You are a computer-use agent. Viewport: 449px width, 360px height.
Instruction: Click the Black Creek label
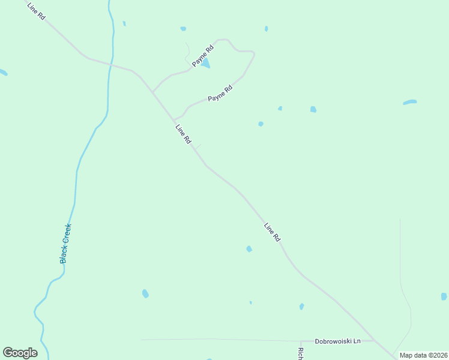coord(65,243)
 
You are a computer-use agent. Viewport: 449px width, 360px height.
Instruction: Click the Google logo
coord(20,353)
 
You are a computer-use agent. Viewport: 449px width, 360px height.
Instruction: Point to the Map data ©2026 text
coord(423,355)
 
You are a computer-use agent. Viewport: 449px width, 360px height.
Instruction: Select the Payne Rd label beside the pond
coord(203,55)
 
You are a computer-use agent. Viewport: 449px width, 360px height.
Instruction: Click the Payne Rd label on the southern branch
coord(220,94)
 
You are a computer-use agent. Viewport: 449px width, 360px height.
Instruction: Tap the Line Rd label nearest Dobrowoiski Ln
coord(273,232)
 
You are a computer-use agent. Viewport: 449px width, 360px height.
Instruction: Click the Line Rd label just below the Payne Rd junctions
coord(183,134)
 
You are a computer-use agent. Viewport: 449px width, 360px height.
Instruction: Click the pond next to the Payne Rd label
coord(206,63)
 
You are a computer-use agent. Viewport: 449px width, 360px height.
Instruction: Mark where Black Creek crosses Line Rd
coord(110,62)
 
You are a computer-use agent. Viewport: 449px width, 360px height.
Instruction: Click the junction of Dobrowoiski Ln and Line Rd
coord(375,340)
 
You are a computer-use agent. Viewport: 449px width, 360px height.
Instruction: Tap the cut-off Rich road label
coord(301,353)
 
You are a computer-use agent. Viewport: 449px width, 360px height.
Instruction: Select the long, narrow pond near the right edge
coord(409,102)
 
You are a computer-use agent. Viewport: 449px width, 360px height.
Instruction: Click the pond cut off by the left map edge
coord(3,73)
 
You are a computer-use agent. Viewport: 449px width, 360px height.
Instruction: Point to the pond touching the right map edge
coord(444,296)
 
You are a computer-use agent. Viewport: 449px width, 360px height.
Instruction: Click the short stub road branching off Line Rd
coord(197,147)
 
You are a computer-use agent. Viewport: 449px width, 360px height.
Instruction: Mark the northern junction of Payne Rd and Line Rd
coord(152,92)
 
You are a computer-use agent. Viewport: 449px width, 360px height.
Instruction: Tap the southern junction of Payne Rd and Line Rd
coord(175,119)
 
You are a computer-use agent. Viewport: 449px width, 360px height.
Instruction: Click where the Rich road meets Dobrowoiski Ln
coord(299,341)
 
